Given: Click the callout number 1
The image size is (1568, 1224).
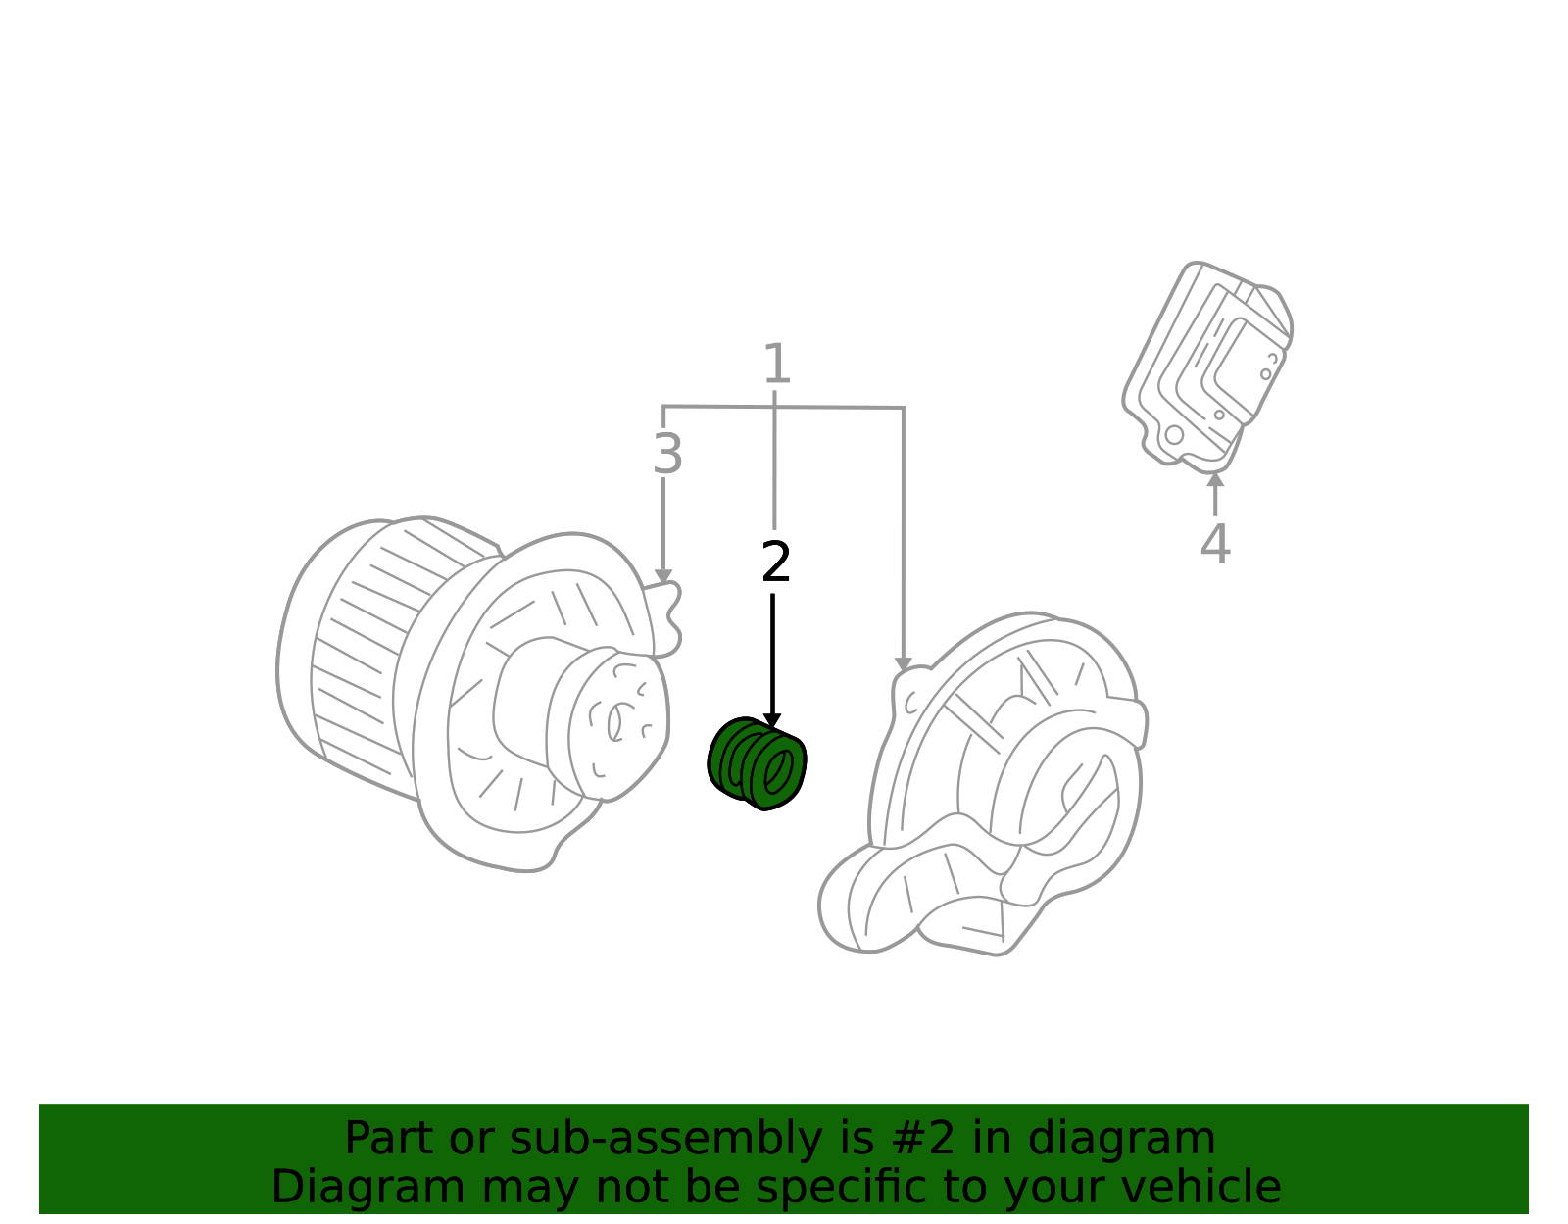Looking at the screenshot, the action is (776, 364).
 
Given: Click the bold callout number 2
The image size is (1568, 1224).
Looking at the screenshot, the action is (776, 562).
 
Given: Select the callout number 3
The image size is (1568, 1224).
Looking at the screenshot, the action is (666, 455).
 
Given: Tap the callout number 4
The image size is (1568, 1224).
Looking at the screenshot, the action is (1215, 544).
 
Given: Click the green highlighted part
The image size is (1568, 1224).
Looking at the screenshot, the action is (757, 763).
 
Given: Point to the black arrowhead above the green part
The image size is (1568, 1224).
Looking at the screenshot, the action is (772, 721).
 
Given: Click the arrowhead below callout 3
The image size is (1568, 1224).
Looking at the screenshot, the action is (663, 577).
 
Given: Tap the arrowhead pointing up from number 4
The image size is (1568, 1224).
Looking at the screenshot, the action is (1215, 479).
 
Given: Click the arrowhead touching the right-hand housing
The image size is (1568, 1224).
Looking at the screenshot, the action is (903, 665).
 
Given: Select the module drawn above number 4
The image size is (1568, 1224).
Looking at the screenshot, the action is (1207, 367).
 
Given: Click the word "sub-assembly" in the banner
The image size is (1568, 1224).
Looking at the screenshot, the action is (665, 1138).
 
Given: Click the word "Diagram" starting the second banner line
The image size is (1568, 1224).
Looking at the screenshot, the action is (368, 1187).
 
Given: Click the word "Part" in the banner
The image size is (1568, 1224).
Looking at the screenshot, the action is (389, 1138).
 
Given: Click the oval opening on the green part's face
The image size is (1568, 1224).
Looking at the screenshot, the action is (778, 772).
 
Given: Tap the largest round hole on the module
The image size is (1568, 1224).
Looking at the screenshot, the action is (1174, 435).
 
